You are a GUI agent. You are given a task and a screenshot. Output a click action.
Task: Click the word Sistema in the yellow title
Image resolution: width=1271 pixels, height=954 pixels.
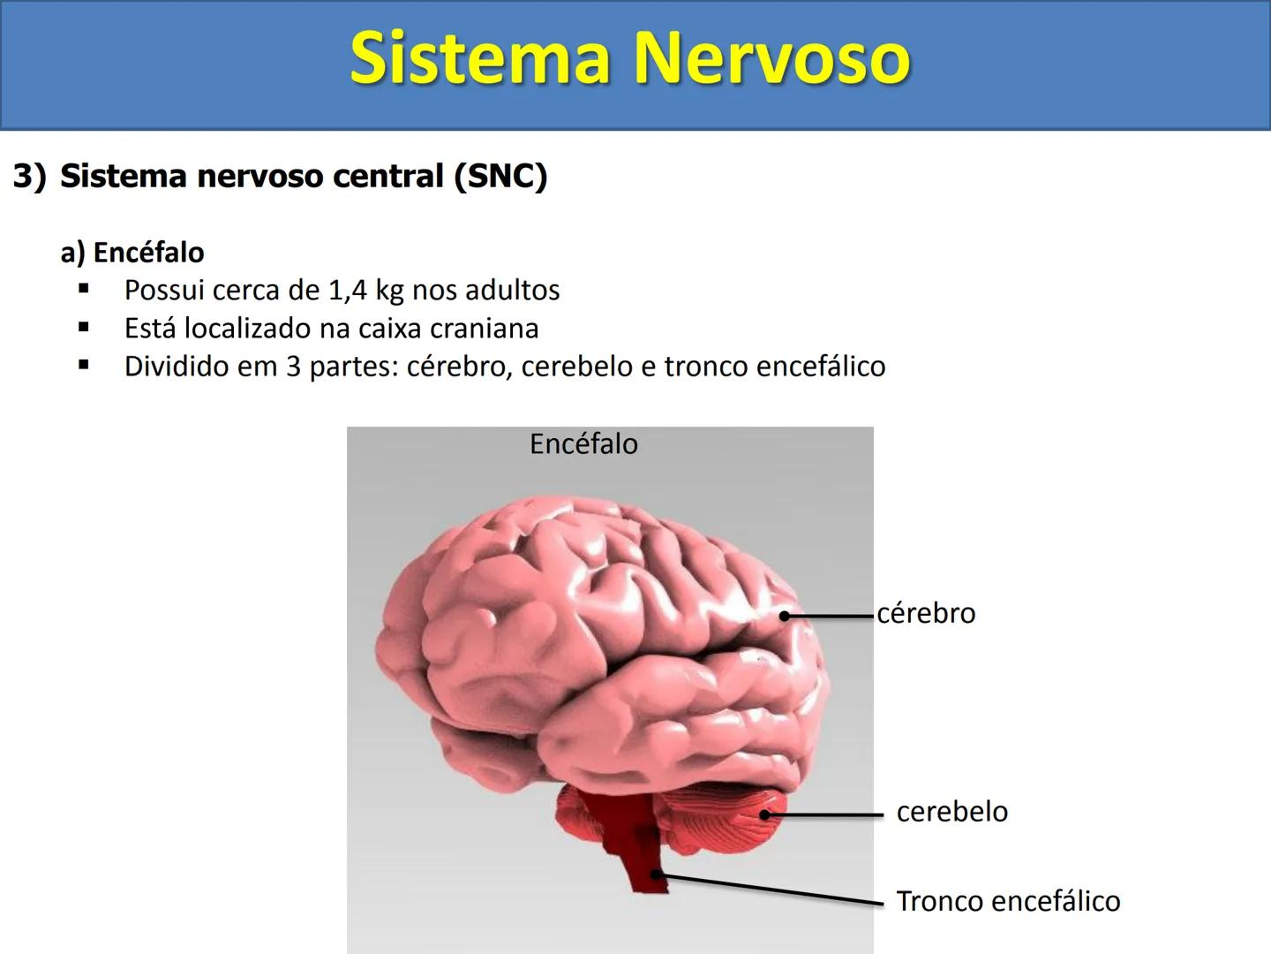[481, 58]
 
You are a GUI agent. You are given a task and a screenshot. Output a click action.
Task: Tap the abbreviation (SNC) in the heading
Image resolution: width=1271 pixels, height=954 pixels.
[500, 176]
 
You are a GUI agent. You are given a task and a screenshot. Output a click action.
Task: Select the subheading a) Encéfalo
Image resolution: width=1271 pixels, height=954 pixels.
[132, 253]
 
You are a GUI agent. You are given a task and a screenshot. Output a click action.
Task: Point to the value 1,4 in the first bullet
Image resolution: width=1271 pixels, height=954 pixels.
[348, 291]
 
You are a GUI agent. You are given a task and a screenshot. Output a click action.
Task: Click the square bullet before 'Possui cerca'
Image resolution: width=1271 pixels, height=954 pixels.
[84, 288]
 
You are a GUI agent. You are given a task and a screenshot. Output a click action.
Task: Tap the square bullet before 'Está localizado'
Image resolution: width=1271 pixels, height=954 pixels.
[84, 327]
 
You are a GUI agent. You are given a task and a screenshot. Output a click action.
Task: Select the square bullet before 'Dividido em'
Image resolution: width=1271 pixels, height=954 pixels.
[84, 364]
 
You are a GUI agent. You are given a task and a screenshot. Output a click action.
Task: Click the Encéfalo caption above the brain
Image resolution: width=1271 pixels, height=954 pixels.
[583, 443]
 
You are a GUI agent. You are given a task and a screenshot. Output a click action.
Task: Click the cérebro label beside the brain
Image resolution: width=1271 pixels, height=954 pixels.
[926, 613]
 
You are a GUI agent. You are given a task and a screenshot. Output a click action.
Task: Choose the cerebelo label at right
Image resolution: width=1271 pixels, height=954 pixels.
[951, 812]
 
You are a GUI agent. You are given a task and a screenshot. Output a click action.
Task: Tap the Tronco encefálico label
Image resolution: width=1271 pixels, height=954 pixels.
[1008, 901]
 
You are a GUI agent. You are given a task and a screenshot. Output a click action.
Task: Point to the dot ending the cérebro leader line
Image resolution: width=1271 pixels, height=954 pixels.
[784, 616]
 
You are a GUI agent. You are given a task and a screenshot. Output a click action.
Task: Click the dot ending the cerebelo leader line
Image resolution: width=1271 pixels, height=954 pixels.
[766, 814]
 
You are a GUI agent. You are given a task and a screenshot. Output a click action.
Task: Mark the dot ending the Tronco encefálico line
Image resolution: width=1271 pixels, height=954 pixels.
[656, 874]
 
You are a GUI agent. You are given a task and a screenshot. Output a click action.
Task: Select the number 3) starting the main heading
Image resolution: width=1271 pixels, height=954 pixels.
[28, 176]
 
